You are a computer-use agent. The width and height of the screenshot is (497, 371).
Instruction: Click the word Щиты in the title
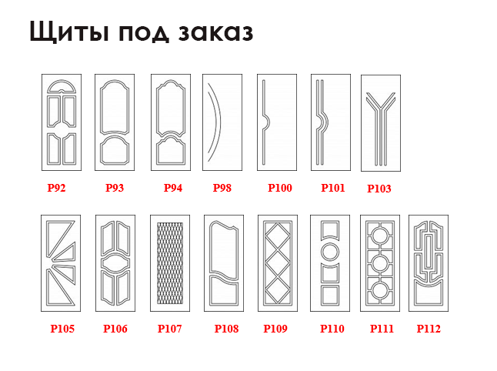69,32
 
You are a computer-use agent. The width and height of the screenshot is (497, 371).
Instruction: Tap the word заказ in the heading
215,32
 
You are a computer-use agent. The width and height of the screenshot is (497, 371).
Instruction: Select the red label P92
56,188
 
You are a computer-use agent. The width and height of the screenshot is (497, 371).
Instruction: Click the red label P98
222,188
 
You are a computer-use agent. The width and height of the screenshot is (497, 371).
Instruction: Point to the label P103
379,189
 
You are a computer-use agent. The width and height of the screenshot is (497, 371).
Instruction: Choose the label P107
169,329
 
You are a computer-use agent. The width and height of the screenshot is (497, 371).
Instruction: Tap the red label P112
429,329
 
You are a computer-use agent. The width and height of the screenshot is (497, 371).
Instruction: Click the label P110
332,329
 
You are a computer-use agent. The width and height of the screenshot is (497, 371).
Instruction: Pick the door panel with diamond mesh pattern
170,263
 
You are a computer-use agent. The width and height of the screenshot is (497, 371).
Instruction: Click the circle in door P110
330,252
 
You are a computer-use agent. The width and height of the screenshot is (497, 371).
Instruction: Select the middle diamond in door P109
277,263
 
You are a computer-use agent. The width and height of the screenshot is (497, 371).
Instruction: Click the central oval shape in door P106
115,263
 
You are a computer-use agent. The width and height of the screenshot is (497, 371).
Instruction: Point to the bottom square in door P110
330,296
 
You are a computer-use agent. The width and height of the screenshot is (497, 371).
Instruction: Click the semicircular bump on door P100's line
267,122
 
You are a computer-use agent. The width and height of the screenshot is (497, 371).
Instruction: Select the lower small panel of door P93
115,150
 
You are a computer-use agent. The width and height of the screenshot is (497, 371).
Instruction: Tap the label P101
333,188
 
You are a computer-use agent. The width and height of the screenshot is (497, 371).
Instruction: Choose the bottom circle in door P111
380,290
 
